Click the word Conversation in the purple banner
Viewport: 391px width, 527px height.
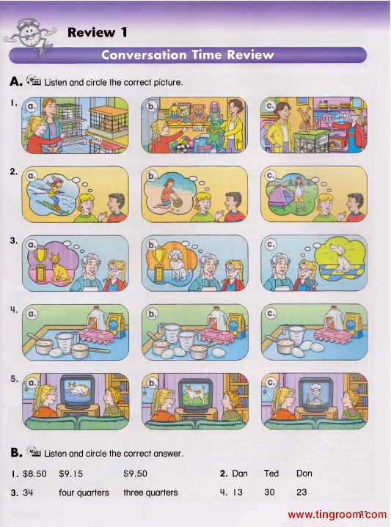tap(144, 55)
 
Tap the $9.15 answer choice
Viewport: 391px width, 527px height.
tap(70, 473)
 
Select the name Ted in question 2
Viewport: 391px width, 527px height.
tap(271, 473)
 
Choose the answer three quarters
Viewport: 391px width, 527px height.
tap(150, 493)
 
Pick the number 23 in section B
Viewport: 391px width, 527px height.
tap(302, 492)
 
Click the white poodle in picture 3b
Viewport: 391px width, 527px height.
tap(178, 265)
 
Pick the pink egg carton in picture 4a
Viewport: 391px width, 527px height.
tap(98, 336)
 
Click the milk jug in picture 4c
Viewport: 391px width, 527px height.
tap(334, 319)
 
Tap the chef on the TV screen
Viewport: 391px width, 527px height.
tap(315, 394)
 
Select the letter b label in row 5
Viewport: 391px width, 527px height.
tap(152, 383)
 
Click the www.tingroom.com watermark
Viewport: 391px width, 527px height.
tap(337, 515)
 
